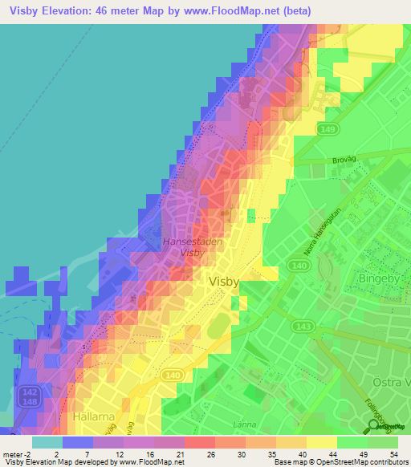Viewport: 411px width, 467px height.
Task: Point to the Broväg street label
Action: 344,160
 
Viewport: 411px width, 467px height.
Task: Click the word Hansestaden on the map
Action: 190,240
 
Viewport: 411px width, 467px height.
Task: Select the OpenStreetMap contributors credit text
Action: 365,462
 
